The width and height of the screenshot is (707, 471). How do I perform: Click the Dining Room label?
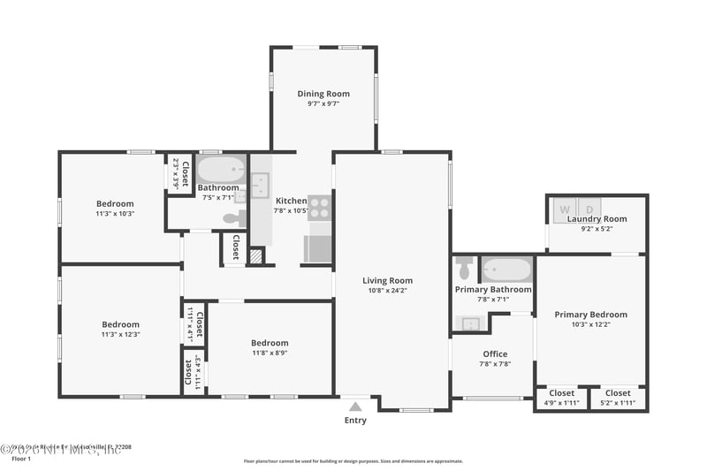point(323,94)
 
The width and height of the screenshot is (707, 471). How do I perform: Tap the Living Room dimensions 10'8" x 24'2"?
point(388,291)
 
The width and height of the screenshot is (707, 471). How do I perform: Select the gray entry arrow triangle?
point(355,406)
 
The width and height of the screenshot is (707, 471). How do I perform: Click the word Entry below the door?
point(355,421)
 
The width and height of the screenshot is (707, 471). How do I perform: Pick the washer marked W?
point(565,209)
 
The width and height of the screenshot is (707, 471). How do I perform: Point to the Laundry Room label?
point(597,219)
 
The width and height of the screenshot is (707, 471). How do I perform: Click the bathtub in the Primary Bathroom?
point(506,269)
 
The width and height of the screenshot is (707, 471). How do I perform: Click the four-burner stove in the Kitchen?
point(319,207)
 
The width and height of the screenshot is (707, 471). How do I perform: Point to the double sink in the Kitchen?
point(261,186)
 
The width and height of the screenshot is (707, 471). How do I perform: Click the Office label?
point(495,354)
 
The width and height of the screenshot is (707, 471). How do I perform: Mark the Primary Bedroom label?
point(590,315)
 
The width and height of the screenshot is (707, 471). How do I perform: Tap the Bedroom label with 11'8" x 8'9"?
point(270,343)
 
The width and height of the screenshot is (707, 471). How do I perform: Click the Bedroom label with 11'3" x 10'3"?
point(115,204)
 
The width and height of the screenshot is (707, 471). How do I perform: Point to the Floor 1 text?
point(21,459)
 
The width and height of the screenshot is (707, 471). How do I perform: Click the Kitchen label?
point(291,201)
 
